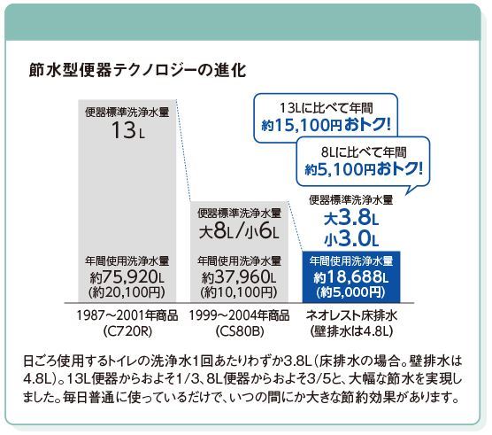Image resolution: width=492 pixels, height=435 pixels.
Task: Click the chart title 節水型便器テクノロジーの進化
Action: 137,71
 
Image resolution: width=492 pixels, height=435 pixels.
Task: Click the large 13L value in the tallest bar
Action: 128,130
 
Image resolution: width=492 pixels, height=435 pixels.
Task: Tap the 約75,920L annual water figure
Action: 127,277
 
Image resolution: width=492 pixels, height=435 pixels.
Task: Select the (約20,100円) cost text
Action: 127,292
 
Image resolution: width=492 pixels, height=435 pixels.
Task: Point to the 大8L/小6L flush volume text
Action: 239,232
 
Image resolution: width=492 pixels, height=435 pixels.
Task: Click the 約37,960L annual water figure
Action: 239,277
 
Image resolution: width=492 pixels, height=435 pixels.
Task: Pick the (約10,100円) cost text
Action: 239,292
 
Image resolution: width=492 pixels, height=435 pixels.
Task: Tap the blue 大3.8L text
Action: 351,218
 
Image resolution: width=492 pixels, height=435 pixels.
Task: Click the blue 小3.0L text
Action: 351,239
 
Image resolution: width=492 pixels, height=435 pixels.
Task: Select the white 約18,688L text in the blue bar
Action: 351,277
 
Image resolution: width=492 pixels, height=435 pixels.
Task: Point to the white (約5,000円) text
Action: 351,292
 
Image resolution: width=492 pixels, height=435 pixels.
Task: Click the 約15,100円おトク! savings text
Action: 327,125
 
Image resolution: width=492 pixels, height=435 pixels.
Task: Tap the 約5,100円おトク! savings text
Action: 364,170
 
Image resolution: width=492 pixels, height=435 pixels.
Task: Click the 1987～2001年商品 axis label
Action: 127,315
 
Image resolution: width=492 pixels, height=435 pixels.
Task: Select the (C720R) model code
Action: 127,331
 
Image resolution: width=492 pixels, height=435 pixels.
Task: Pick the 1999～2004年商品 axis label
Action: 239,315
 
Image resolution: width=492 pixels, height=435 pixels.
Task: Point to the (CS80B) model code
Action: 240,331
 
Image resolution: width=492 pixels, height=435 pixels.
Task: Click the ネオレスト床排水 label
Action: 351,315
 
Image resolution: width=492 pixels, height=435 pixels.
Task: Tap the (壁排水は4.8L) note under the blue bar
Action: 351,331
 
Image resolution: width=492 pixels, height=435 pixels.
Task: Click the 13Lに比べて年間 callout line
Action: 327,108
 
